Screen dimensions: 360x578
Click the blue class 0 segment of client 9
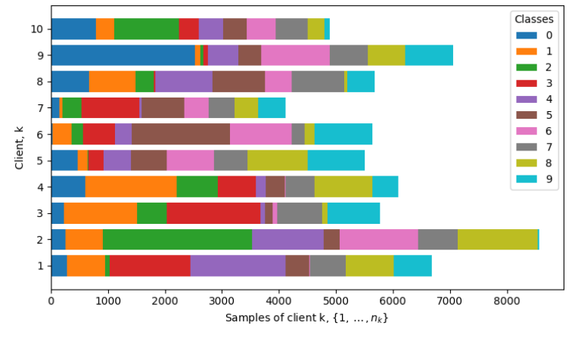123,55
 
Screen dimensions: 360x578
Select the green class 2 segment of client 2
177,239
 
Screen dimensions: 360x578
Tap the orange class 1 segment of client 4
131,186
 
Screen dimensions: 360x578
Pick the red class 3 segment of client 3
213,213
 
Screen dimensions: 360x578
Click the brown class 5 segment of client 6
181,134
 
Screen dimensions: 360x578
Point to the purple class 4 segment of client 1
238,265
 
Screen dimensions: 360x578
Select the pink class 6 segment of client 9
295,55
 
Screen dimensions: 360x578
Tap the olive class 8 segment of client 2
497,239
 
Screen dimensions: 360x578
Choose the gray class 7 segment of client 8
318,81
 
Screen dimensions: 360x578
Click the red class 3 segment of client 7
110,107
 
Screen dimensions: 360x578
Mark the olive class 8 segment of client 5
277,160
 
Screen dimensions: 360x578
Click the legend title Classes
533,18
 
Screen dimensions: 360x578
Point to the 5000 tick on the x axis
336,290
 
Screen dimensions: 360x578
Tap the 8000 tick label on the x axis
507,301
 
